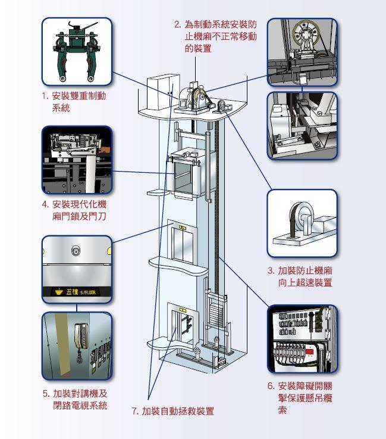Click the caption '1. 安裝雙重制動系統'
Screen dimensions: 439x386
coord(82,101)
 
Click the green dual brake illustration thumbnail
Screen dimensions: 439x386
coord(77,51)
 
